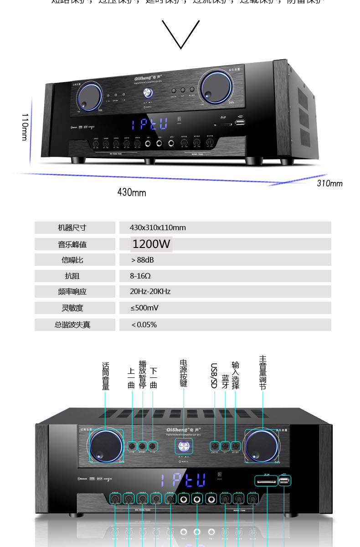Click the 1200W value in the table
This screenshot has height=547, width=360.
tap(151, 244)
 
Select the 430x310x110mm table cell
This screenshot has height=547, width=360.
tap(158, 227)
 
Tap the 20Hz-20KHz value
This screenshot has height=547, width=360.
tap(150, 291)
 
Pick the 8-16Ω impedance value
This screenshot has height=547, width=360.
tap(140, 276)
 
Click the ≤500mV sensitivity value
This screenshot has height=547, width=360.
tap(144, 308)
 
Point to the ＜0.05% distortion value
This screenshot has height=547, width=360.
tap(144, 325)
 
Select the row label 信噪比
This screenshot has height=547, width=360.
tap(72, 260)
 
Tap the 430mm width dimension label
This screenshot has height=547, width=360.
tap(132, 192)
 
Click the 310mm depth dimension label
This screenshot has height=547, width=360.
tap(329, 183)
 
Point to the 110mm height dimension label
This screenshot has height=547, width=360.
tap(25, 127)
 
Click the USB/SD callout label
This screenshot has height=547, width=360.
tap(214, 375)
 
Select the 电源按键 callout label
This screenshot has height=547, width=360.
tap(184, 374)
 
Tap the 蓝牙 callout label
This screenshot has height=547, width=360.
tap(225, 382)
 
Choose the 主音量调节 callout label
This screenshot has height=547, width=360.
tap(262, 373)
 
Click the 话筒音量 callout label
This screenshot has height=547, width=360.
tap(105, 376)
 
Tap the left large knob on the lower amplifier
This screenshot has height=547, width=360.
tap(106, 445)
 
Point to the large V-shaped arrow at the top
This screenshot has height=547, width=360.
tap(181, 34)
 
